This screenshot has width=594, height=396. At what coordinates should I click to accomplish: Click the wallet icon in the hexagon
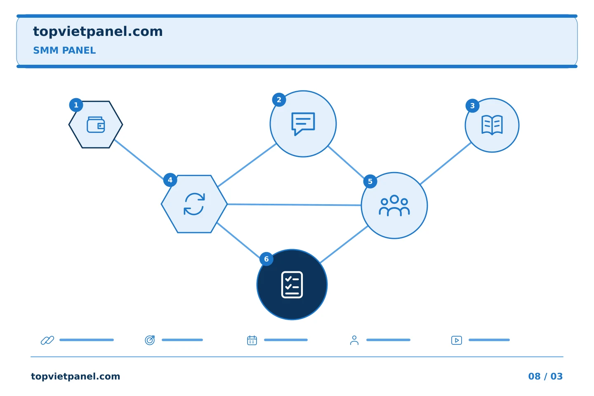pos(96,125)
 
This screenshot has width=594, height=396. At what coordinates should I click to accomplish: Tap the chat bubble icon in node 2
pos(303,124)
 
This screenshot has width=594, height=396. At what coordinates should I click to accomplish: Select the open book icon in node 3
pos(492,125)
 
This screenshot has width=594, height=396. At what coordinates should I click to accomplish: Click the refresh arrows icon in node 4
pos(194,204)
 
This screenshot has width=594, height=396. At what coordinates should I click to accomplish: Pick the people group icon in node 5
pos(394,205)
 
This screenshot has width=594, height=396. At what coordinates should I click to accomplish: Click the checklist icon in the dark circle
pos(292,285)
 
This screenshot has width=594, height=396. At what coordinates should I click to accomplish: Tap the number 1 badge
pos(76,105)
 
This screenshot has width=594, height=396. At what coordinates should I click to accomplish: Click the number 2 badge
pos(279,100)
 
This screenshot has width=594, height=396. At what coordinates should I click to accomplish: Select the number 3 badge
pos(472,106)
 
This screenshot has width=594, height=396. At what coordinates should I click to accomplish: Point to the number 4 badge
pos(170,180)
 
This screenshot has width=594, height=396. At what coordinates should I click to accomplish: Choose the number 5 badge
pos(370,181)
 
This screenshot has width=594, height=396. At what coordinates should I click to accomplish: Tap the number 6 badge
pos(266,259)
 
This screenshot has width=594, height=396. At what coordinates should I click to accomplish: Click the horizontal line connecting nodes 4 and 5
pos(294,205)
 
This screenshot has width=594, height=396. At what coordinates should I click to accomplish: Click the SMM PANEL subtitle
pos(64,50)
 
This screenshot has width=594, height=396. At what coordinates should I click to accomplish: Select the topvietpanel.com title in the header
pos(98,32)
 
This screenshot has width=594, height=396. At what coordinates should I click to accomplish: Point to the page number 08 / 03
pos(545,376)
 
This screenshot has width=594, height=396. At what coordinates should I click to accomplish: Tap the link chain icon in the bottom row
pos(47,340)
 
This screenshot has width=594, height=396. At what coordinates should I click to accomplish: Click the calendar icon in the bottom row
pos(252,340)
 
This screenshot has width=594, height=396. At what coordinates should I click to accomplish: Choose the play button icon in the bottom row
pos(456,340)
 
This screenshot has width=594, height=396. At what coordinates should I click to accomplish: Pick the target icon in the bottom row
pos(150,340)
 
